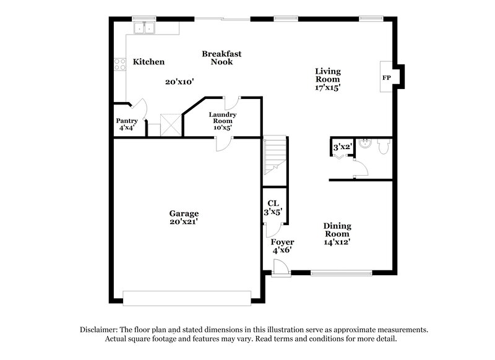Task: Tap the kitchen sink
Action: pyautogui.click(x=146, y=27)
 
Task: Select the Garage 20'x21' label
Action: pyautogui.click(x=184, y=217)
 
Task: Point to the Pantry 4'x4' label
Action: pyautogui.click(x=127, y=124)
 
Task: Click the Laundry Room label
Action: pyautogui.click(x=222, y=118)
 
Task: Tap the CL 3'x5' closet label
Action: pyautogui.click(x=273, y=207)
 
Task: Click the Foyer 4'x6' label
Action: pyautogui.click(x=282, y=246)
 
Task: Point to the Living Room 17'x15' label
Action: pyautogui.click(x=328, y=80)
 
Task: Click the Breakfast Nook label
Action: pyautogui.click(x=222, y=58)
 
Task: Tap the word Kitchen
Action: pyautogui.click(x=148, y=62)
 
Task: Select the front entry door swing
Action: pyautogui.click(x=280, y=267)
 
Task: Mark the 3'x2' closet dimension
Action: pyautogui.click(x=342, y=147)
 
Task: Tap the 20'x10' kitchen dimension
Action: pyautogui.click(x=179, y=82)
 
